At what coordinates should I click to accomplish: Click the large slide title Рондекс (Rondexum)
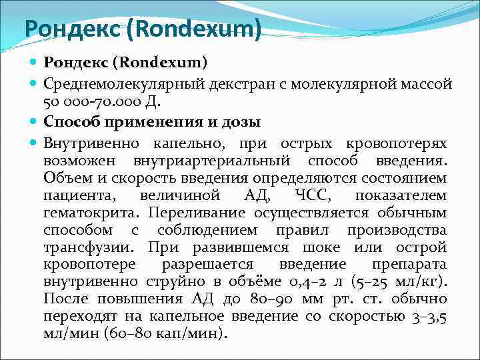[142, 28]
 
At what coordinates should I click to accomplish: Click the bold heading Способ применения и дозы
[152, 122]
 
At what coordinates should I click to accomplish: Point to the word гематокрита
[91, 213]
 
